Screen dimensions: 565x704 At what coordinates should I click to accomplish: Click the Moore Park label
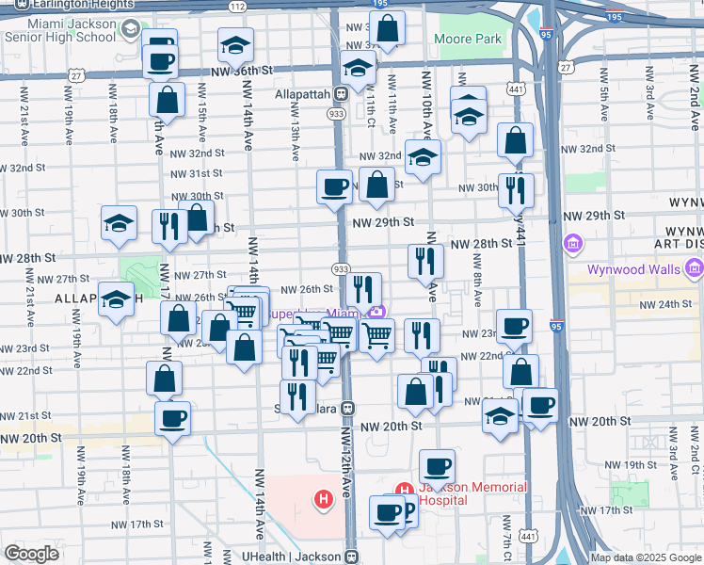pos(468,40)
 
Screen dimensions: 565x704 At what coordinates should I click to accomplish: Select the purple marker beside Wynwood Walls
pos(572,246)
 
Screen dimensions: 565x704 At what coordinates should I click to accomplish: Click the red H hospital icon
pos(325,498)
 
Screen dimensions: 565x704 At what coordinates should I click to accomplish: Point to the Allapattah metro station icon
pos(342,94)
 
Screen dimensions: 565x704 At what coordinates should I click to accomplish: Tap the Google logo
pos(31,554)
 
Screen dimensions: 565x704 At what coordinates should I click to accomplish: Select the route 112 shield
pos(238,7)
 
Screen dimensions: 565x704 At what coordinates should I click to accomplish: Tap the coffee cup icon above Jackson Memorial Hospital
pos(436,466)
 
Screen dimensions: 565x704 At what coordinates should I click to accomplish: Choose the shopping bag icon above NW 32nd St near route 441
pos(515,141)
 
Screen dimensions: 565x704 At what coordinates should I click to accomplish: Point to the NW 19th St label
pos(631,465)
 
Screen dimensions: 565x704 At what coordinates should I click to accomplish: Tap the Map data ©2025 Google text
pos(645,557)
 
